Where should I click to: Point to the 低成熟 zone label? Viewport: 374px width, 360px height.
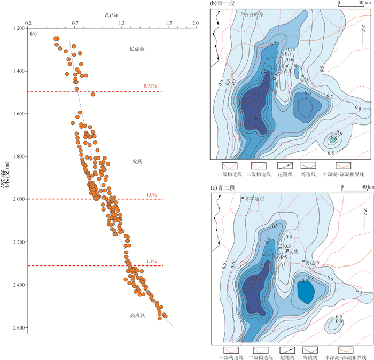137,49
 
